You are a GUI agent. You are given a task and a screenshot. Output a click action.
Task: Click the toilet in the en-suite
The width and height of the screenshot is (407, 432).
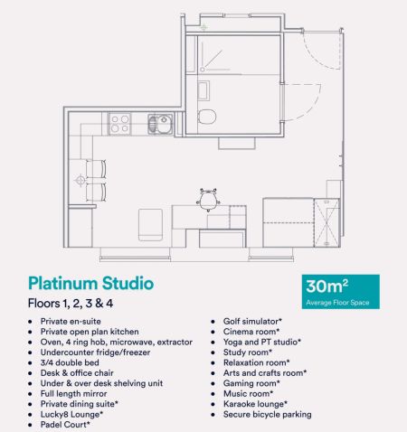tap(207, 117)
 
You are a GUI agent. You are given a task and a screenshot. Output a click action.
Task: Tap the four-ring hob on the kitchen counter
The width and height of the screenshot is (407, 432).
tap(121, 121)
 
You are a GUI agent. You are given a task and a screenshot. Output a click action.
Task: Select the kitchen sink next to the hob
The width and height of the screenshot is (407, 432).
tap(158, 122)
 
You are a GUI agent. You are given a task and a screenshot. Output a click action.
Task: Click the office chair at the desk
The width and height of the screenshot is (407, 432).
tap(209, 196)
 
